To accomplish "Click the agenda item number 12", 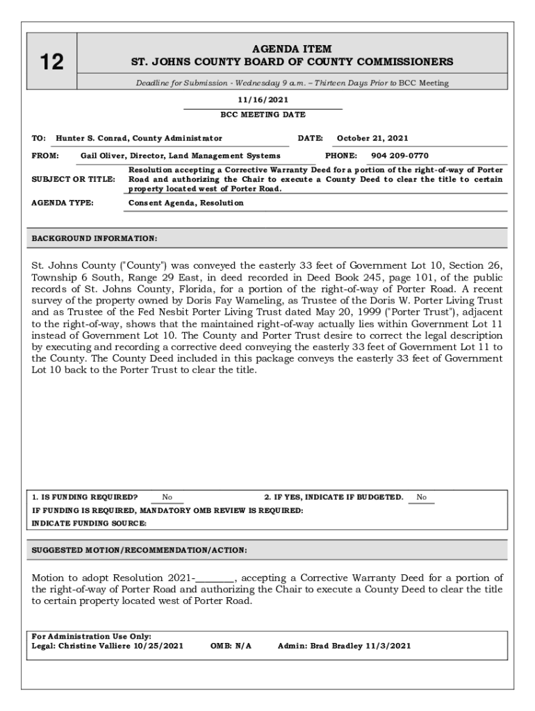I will pos(51,62).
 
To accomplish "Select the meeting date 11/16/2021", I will pos(262,101).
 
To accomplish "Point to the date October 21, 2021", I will pos(372,138).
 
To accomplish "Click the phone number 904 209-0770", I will pos(400,156).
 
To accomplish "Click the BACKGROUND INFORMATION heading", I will pos(94,239).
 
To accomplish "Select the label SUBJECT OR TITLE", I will pos(74,179).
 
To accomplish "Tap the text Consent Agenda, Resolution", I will pos(186,203).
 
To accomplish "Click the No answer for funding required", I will pos(167,497).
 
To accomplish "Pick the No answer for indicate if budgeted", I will pos(421,497).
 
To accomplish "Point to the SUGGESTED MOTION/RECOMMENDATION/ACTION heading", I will pos(140,550).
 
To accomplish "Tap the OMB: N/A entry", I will pos(231,646).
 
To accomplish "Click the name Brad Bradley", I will pos(329,646).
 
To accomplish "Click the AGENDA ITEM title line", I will pos(292,49).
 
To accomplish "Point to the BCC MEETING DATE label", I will pos(263,115).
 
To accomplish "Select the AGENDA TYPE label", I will pos(63,203).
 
